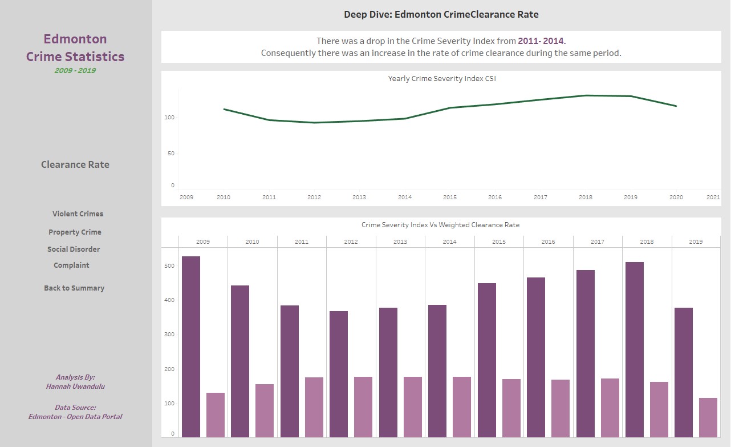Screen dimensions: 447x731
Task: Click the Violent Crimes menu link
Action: (x=78, y=214)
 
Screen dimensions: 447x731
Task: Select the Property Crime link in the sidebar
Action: (x=75, y=232)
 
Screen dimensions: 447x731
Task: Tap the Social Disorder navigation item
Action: (x=74, y=249)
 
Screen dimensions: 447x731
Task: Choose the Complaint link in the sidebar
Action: (x=71, y=265)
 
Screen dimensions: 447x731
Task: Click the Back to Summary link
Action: (x=74, y=288)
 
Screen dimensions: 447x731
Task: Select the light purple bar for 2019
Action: (x=708, y=417)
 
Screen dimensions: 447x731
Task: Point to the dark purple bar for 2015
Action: (x=486, y=360)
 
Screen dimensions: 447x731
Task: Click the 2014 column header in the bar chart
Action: (x=449, y=242)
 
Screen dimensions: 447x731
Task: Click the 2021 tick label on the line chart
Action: (x=713, y=198)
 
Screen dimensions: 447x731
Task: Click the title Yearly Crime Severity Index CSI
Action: (x=441, y=79)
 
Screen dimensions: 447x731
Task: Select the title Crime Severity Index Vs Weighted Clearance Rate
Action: (x=440, y=225)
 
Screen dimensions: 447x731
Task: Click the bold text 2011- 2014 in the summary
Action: (x=541, y=41)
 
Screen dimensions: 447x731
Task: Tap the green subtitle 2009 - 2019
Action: (x=75, y=71)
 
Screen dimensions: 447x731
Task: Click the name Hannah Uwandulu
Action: (x=75, y=386)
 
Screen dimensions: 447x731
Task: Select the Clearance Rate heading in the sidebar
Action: (x=75, y=165)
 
